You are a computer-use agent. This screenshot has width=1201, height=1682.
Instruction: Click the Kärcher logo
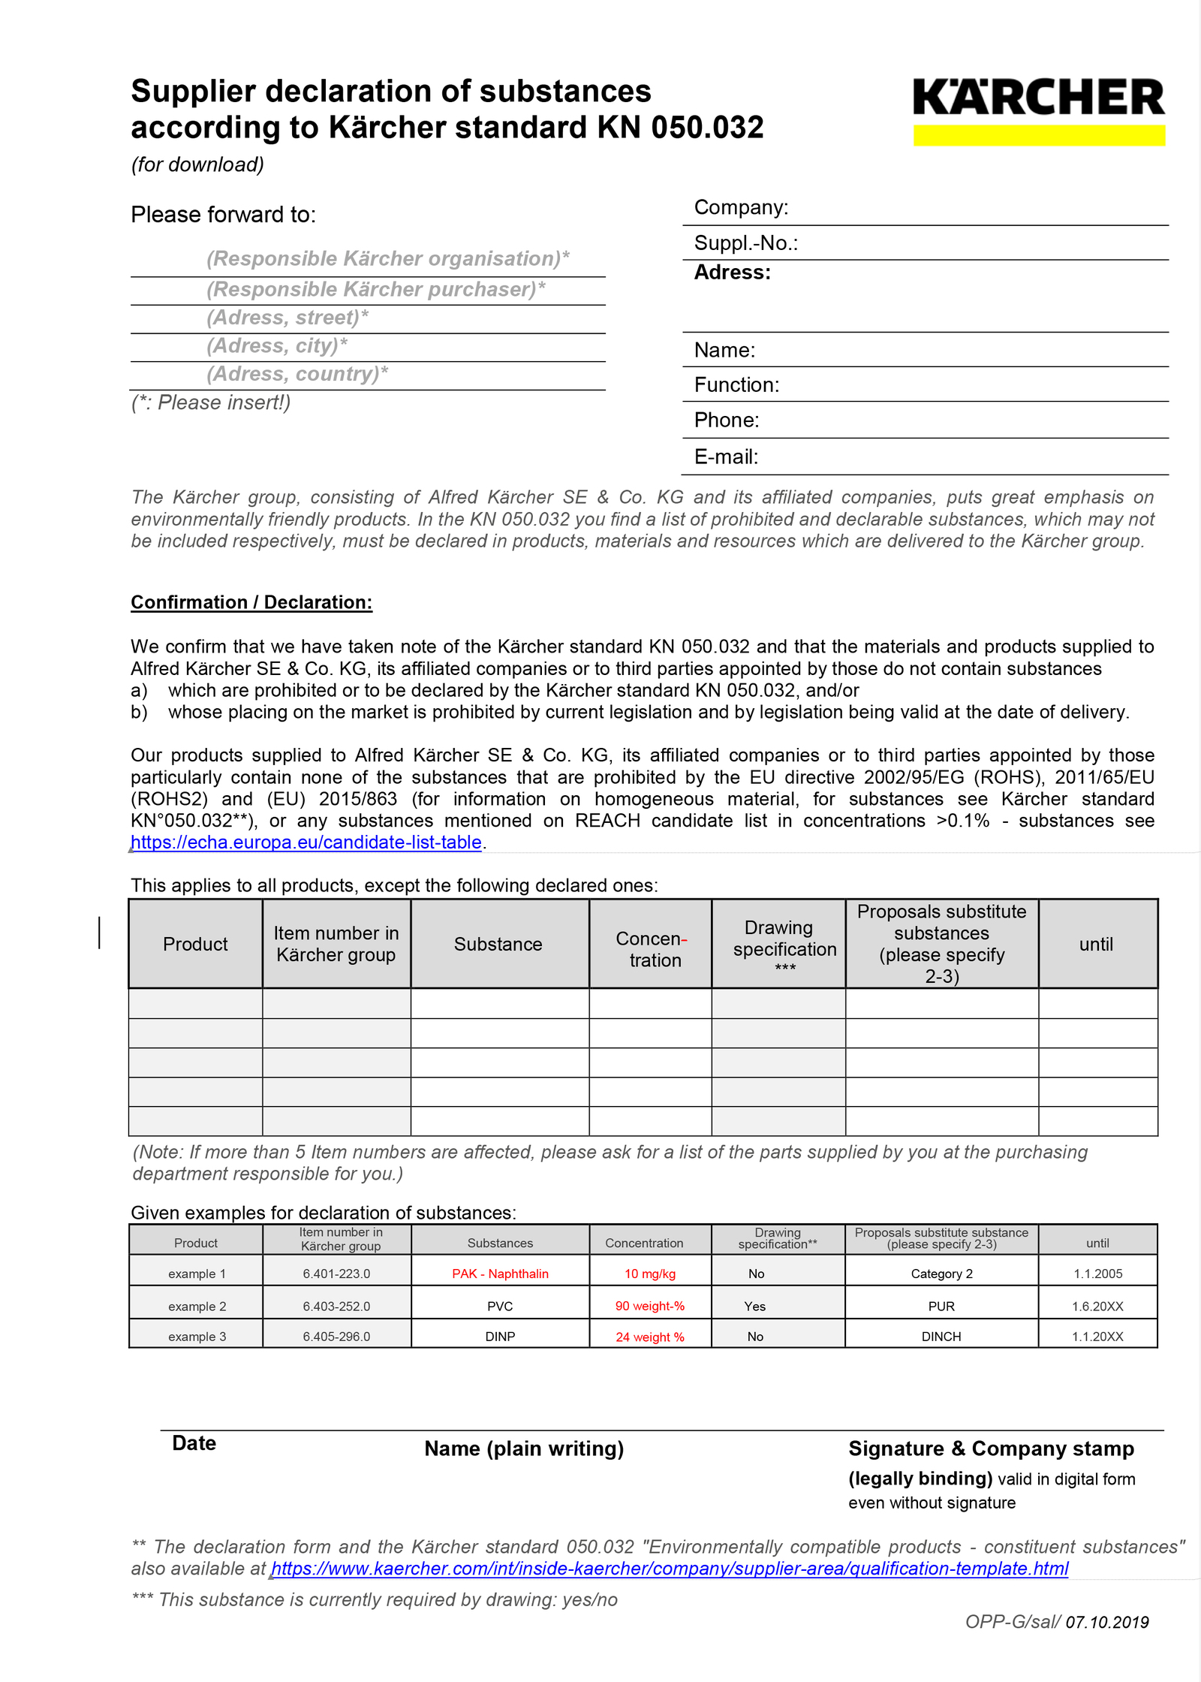click(x=1038, y=110)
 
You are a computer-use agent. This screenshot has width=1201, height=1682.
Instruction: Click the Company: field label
click(x=741, y=207)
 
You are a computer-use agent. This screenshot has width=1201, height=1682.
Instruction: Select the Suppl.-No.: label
click(x=745, y=243)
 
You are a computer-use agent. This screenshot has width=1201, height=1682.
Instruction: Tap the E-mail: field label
click(x=726, y=457)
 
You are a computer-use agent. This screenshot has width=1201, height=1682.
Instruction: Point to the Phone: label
click(x=727, y=420)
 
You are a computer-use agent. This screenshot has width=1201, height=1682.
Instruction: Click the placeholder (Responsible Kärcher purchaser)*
click(x=375, y=289)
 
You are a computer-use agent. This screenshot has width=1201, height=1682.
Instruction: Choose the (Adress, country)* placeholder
click(x=297, y=374)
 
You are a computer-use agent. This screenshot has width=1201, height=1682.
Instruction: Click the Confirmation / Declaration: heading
click(x=251, y=602)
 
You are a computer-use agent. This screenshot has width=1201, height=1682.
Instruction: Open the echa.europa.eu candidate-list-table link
click(x=306, y=843)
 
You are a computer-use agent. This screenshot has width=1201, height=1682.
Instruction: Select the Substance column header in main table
click(x=498, y=944)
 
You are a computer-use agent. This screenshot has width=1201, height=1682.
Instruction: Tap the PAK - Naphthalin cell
click(x=500, y=1274)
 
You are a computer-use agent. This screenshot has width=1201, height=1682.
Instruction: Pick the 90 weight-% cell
click(x=650, y=1306)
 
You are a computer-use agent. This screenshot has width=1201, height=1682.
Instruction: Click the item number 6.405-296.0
click(x=336, y=1337)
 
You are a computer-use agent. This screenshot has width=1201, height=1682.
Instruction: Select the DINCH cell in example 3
click(x=941, y=1337)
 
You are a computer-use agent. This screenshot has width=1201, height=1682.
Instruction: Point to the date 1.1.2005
click(x=1097, y=1274)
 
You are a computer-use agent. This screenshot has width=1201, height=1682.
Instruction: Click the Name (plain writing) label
click(x=524, y=1448)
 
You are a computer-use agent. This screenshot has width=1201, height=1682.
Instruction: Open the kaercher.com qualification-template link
click(x=670, y=1569)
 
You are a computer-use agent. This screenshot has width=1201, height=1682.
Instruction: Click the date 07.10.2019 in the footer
click(x=1107, y=1622)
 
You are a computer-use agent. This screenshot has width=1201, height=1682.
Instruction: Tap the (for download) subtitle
click(x=197, y=164)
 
